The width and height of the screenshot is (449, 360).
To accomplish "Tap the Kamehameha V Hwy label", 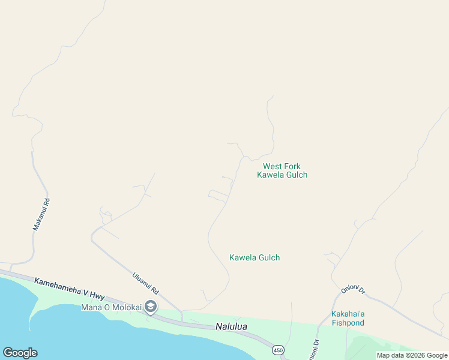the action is [x=70, y=288].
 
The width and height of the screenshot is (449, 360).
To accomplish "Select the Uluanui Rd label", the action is [x=145, y=283].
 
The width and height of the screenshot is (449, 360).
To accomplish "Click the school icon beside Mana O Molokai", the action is [x=151, y=308].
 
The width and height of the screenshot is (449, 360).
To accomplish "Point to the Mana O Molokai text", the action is [x=111, y=308].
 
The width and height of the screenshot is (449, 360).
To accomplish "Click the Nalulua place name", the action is [x=231, y=327].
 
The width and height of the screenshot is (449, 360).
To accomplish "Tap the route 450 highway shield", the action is [x=277, y=350].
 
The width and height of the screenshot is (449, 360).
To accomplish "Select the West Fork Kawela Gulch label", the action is [x=282, y=170].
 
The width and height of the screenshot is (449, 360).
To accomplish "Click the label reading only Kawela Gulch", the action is [x=255, y=257].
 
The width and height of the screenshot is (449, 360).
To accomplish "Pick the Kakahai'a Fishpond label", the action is [x=348, y=318].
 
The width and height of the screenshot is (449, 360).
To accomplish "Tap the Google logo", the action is [x=20, y=353].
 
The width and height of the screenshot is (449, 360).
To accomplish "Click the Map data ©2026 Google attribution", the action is [x=412, y=355].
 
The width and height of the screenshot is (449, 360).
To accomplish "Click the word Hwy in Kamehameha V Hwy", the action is [x=96, y=295].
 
